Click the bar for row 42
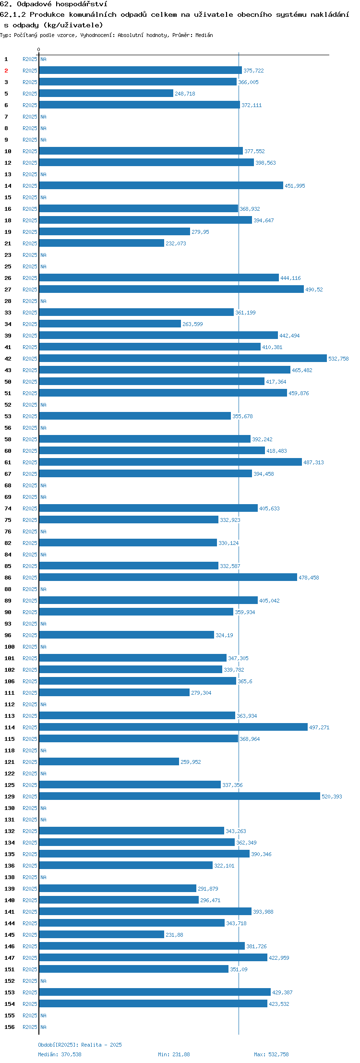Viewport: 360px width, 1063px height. (x=183, y=358)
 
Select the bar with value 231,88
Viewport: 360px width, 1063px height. (x=102, y=934)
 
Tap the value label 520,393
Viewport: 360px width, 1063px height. (x=332, y=797)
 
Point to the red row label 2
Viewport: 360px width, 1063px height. (x=6, y=71)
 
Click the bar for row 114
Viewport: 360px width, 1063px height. (x=173, y=727)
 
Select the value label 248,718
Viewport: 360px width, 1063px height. (x=185, y=94)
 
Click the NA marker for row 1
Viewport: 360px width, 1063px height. (x=43, y=59)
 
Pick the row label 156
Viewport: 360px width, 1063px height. (x=10, y=1027)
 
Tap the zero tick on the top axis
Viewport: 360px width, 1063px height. (x=39, y=50)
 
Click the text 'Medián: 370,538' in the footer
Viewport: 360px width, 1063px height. (x=60, y=1054)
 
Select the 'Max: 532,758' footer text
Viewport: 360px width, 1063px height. (x=271, y=1054)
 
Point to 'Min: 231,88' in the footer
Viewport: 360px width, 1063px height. (x=174, y=1054)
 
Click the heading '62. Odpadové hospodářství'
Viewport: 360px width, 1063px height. (x=54, y=4)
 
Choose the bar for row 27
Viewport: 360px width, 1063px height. (x=171, y=289)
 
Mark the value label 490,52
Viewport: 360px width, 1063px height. (x=314, y=290)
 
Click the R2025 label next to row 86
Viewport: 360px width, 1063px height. (x=30, y=578)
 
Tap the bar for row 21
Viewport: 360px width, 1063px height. (x=102, y=243)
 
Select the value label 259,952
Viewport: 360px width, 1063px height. (x=191, y=762)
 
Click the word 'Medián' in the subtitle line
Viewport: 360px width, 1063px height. (x=204, y=35)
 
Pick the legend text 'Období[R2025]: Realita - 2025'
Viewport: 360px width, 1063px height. (x=80, y=1045)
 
